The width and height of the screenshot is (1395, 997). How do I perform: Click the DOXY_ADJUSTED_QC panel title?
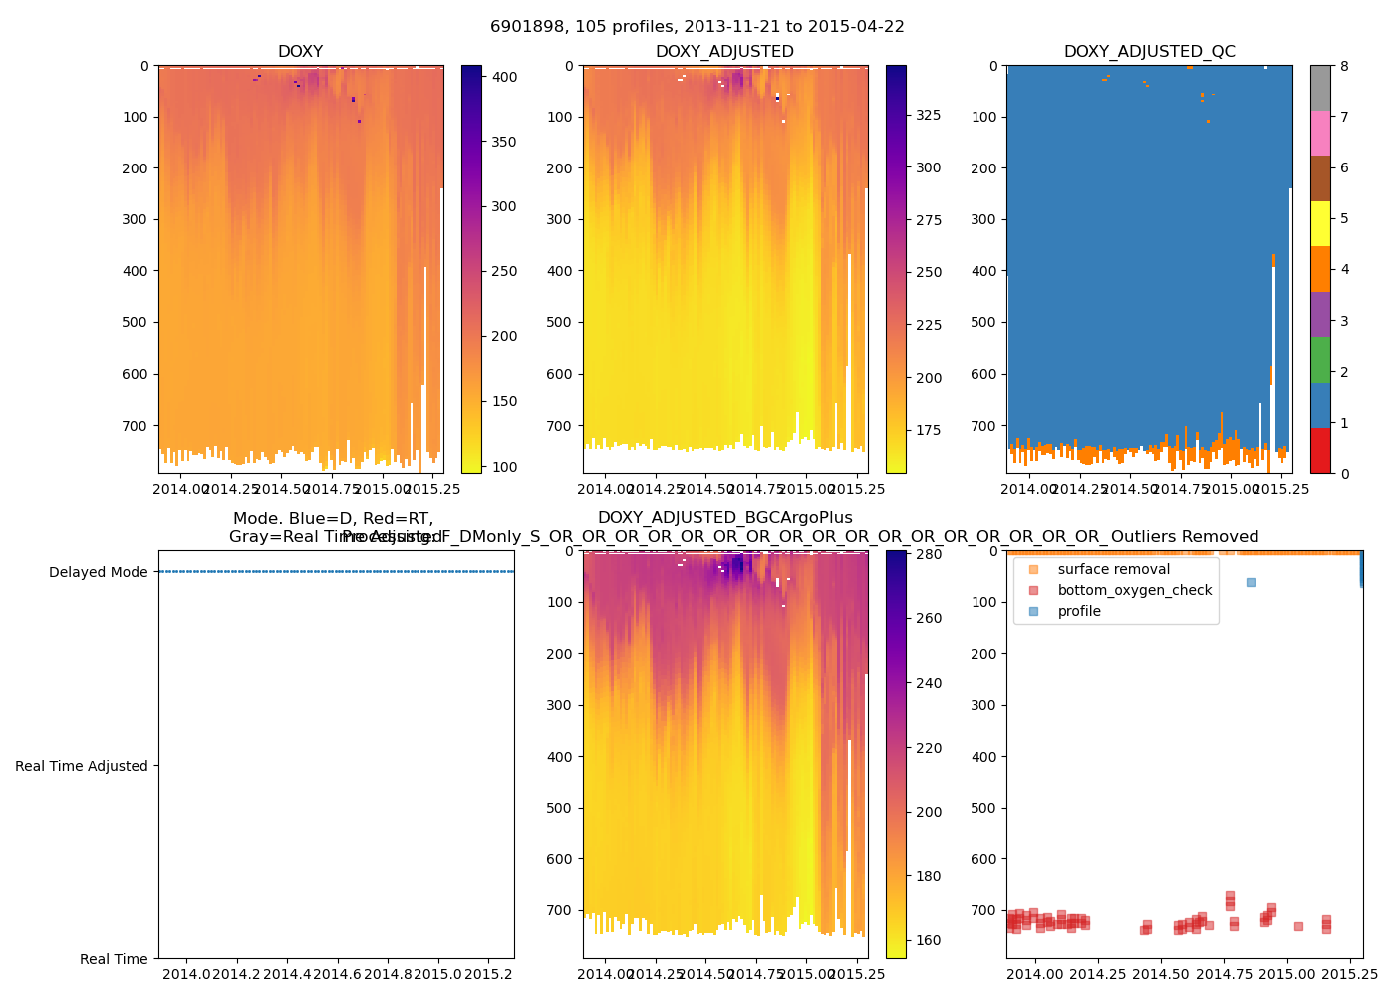[1149, 52]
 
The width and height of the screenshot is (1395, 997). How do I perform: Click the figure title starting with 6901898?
[697, 27]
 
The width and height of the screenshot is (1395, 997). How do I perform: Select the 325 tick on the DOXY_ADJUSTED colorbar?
[928, 115]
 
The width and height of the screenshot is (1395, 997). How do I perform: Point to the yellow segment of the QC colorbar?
[1320, 224]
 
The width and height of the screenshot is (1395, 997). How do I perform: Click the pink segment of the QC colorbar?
[1320, 133]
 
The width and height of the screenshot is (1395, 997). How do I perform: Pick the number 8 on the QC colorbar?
[1344, 66]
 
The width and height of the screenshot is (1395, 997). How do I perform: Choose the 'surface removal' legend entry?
[1113, 569]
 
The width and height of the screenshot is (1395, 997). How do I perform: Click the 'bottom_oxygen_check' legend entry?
[1134, 590]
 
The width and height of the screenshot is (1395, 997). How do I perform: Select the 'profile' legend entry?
[1079, 611]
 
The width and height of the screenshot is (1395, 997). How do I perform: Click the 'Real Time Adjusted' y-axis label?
[81, 766]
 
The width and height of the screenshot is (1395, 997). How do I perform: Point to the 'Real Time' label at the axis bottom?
[114, 959]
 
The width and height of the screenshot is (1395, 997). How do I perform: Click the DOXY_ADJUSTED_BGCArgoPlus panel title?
[724, 518]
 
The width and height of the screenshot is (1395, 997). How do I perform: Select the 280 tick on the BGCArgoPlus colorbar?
[928, 554]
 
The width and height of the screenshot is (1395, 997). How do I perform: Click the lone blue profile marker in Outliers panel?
[1251, 582]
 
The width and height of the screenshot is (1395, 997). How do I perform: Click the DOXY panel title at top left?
[300, 52]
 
